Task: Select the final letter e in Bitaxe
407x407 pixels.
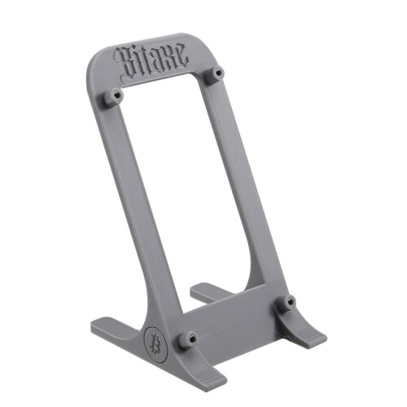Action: [x=182, y=55]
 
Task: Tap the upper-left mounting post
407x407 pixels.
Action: [x=113, y=96]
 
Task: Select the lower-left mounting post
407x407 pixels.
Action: [x=188, y=339]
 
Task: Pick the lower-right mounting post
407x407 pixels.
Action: [x=287, y=302]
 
